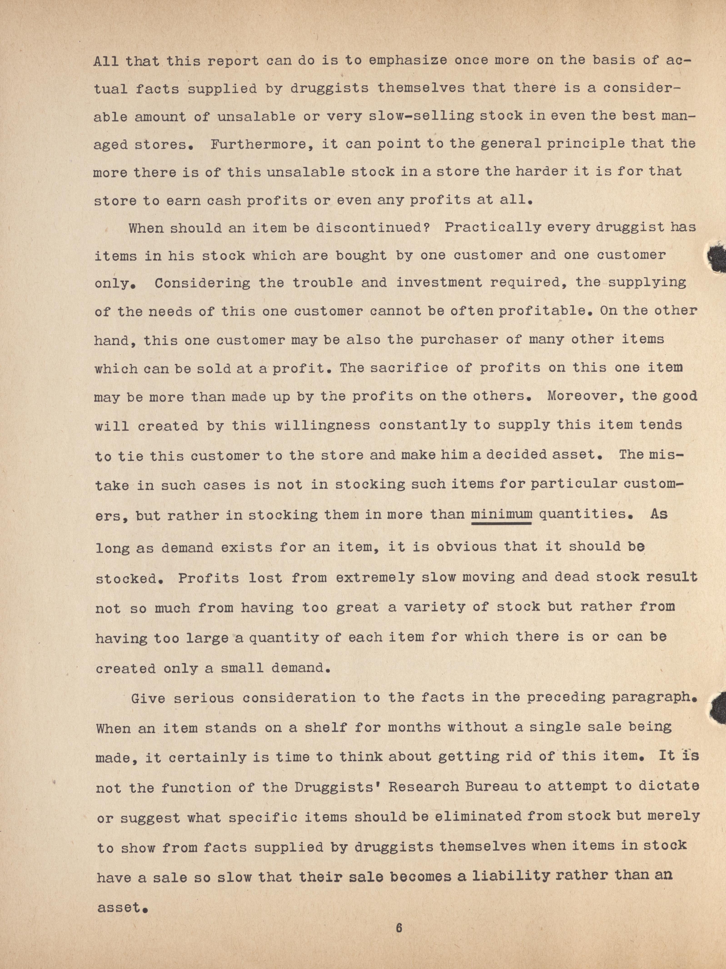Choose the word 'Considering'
[x=202, y=284]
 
